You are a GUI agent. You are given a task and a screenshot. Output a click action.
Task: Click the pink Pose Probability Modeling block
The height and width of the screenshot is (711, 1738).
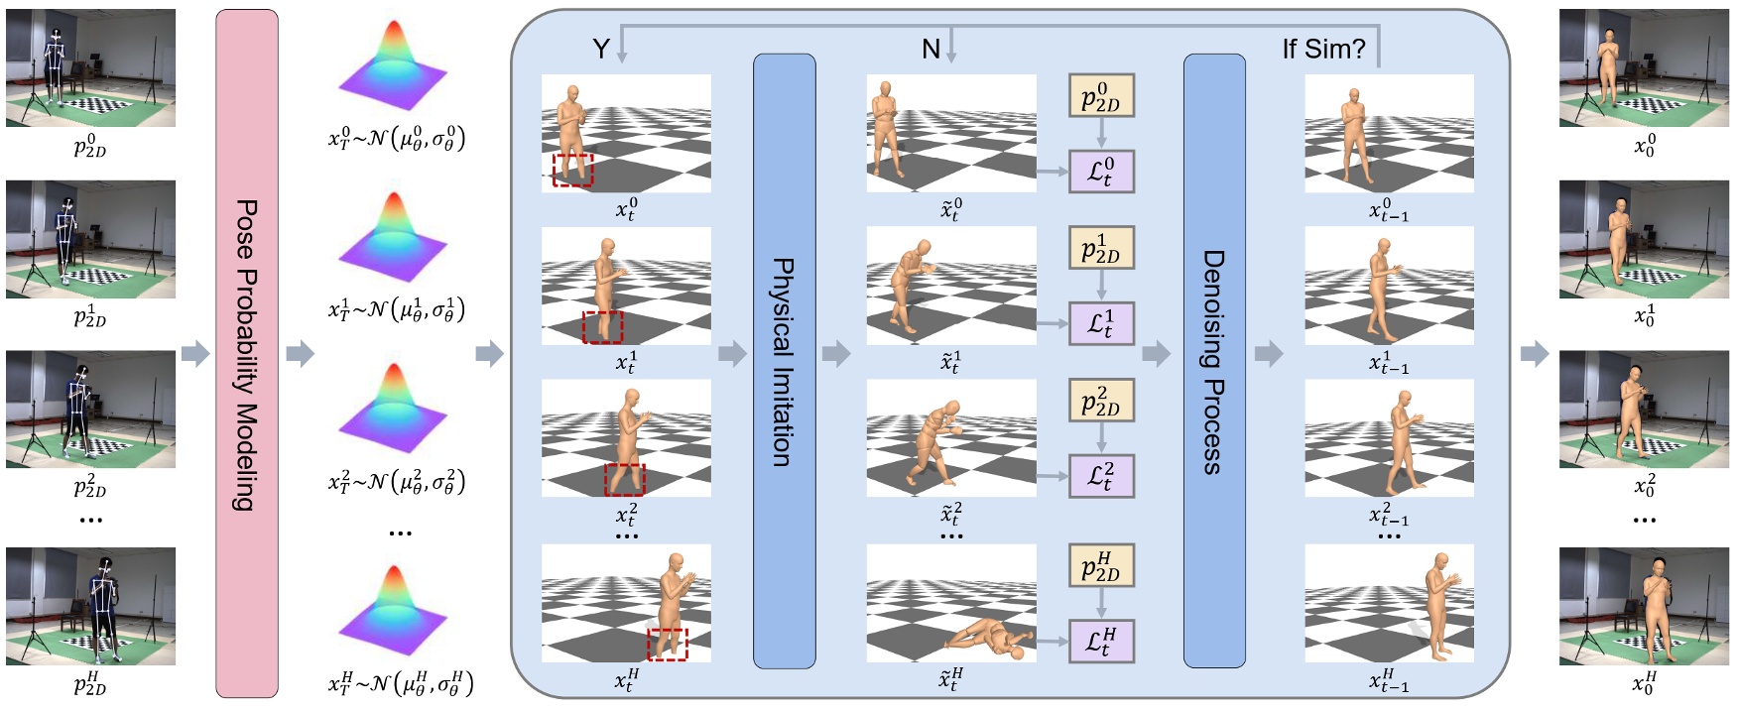coord(246,353)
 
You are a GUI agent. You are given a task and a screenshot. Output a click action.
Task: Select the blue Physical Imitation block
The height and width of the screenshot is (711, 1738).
coord(784,361)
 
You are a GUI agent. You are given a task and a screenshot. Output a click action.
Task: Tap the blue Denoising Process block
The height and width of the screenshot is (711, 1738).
coord(1214,361)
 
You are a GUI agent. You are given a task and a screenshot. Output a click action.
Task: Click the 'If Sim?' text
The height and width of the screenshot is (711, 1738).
coord(1323,49)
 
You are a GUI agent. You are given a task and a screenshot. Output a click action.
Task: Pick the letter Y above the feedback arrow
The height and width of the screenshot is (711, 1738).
coord(600,49)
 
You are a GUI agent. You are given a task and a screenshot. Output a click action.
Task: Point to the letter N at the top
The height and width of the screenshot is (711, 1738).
coord(930,49)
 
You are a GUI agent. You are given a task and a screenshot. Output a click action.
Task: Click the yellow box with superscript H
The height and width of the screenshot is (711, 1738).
coord(1101,566)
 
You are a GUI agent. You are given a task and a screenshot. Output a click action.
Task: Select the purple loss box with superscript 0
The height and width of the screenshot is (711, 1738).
coord(1101,172)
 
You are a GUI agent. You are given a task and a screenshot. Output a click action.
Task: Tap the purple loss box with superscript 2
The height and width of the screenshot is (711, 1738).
coord(1101,476)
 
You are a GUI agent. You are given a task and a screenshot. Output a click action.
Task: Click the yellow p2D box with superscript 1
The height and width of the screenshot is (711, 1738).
coord(1101,248)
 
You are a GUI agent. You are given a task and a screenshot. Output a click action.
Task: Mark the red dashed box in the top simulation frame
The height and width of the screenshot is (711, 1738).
coord(572,170)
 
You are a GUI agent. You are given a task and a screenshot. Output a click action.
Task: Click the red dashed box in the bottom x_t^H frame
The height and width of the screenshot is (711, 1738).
coord(667,644)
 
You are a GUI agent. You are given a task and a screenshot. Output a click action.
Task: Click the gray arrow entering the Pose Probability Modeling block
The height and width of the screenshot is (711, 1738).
coord(195,353)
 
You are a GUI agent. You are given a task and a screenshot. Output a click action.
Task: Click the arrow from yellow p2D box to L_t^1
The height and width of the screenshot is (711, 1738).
coord(1101,286)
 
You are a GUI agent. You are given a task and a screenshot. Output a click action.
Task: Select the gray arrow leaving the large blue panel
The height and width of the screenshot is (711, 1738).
coord(1534,353)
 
